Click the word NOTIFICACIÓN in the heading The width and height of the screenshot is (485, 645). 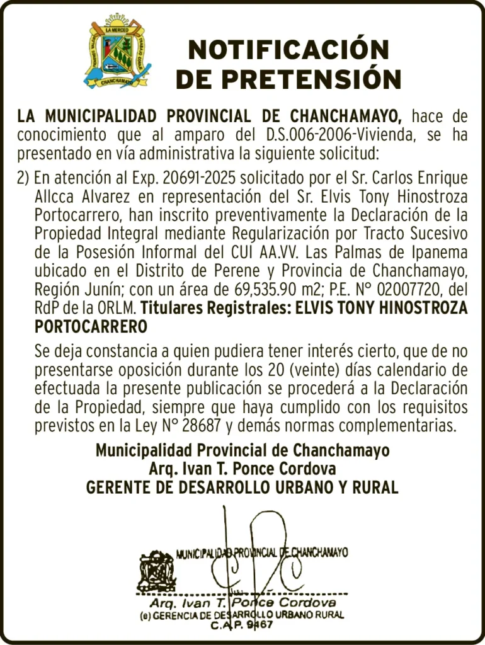(x=288, y=50)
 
